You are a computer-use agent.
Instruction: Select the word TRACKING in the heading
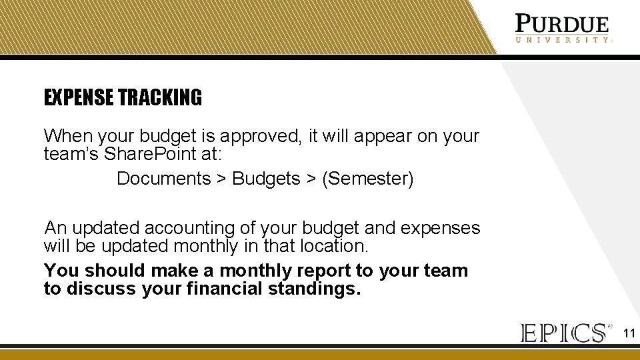160,98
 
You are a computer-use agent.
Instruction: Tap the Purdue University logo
562,29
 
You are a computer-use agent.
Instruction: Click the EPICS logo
564,333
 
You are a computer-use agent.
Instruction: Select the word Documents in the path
163,179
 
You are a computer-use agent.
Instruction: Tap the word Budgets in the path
266,179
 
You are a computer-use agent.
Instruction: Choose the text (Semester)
367,179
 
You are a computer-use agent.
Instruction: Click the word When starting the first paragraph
68,136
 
